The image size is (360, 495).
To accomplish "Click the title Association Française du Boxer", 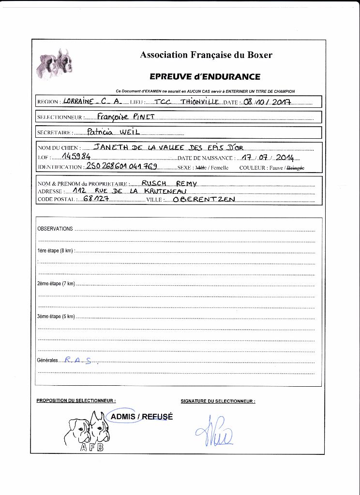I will click(x=206, y=55).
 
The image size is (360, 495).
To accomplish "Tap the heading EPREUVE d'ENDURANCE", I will click(x=205, y=77).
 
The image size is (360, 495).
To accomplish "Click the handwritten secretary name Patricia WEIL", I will click(x=111, y=132).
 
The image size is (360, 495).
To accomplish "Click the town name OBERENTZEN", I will click(x=204, y=200).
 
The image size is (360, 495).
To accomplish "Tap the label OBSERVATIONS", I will click(x=55, y=229).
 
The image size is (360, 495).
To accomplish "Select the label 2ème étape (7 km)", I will click(x=56, y=284).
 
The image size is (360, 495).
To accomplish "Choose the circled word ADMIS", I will click(x=122, y=417).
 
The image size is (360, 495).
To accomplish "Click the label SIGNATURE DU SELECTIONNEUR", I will click(x=218, y=401).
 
